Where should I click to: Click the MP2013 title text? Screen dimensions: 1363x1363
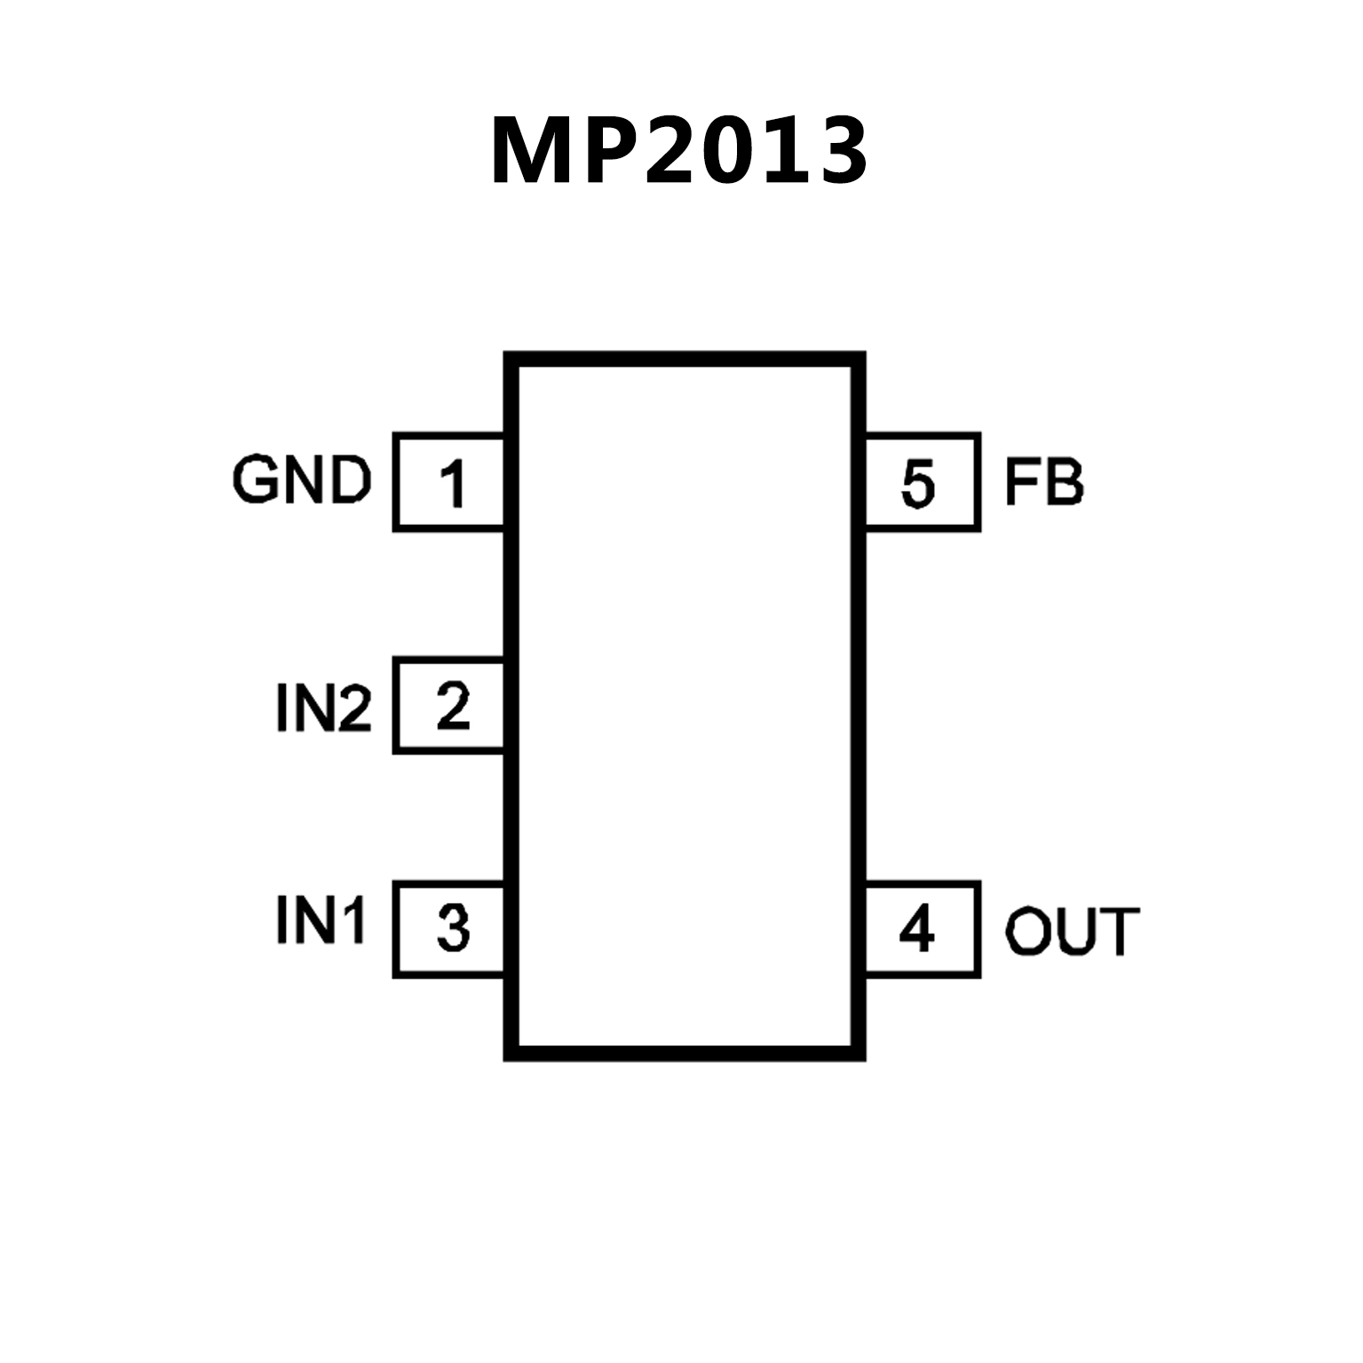coord(679,151)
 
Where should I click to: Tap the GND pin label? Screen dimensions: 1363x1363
coord(302,480)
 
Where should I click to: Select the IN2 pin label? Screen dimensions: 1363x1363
coord(324,709)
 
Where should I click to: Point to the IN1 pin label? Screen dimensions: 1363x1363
coord(321,920)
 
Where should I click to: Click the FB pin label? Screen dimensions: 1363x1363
coord(1044,483)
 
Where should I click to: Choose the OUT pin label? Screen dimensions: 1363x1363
coord(1072,931)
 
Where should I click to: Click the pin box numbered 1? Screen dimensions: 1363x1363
coord(449,483)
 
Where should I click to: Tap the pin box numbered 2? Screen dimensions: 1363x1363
coord(449,706)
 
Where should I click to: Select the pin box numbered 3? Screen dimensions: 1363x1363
coord(449,930)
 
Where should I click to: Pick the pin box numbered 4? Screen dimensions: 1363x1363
coord(922,930)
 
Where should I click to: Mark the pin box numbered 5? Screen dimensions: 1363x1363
coord(922,483)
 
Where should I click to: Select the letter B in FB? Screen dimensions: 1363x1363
coord(1064,483)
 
